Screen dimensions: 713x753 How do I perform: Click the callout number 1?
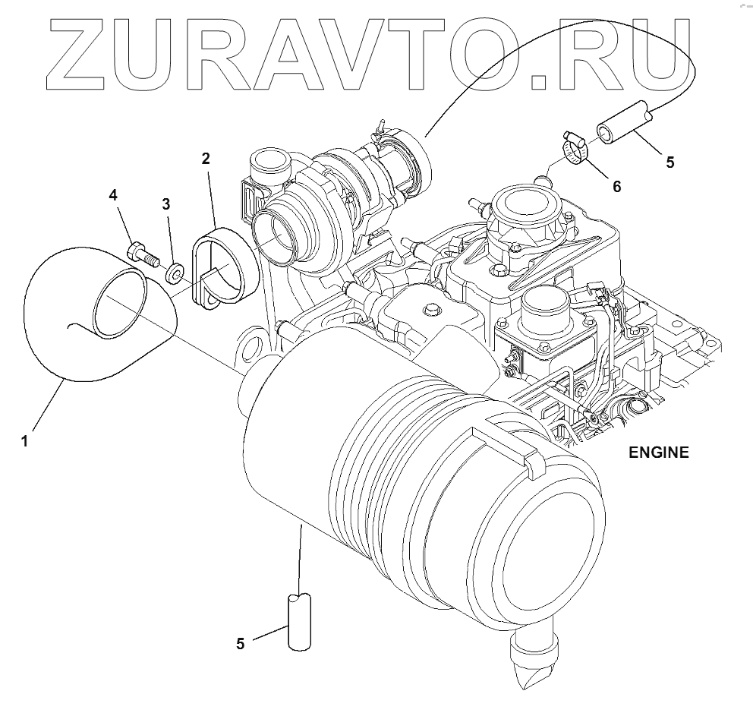click(25, 440)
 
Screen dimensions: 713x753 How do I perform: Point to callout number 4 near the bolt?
click(113, 195)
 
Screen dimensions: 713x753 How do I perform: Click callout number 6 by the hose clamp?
click(616, 186)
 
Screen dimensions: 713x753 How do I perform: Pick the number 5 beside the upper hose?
click(670, 161)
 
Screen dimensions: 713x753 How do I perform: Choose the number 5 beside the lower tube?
click(240, 644)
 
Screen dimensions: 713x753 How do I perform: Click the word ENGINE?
click(658, 453)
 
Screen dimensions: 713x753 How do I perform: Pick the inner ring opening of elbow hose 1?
click(121, 303)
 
